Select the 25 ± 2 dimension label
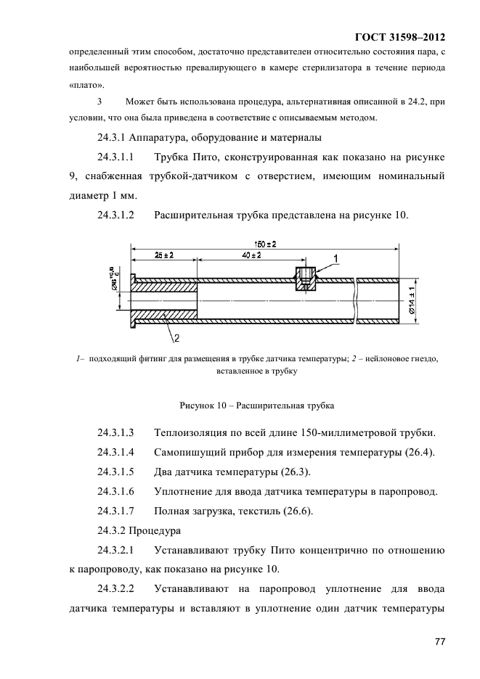164,255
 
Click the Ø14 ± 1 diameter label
413,299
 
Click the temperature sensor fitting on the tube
306,279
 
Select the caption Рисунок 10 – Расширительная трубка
256,405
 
